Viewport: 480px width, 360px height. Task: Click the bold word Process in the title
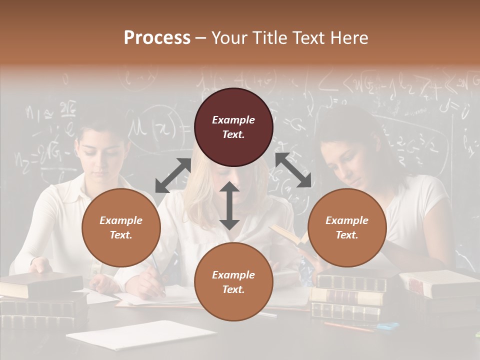point(157,38)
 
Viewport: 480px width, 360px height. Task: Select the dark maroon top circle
point(233,127)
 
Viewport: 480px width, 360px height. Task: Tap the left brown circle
point(121,227)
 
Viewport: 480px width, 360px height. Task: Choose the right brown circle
point(347,227)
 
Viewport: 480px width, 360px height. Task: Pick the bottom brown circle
point(233,282)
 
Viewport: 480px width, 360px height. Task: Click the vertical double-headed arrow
point(229,205)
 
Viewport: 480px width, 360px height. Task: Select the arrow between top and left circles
point(173,175)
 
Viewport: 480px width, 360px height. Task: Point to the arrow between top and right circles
point(293,170)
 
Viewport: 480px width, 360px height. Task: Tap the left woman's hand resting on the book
point(40,265)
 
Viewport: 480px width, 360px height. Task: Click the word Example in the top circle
point(233,120)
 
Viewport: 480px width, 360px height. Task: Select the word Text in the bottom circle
point(233,289)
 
